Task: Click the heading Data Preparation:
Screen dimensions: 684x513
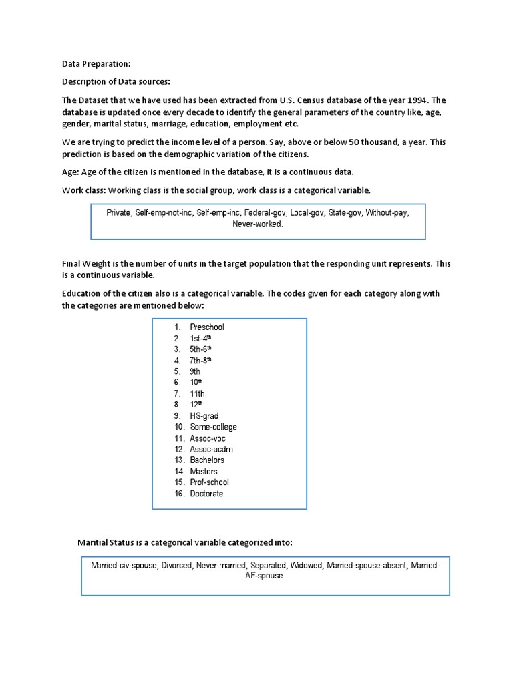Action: click(96, 64)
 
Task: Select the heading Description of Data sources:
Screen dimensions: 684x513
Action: click(116, 82)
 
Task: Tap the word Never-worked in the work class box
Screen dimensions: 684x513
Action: click(258, 224)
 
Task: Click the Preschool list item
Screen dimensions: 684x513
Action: click(206, 327)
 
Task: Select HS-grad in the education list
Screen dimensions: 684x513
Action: click(204, 416)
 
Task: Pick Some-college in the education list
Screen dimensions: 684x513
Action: click(213, 427)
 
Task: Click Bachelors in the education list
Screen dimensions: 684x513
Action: click(207, 460)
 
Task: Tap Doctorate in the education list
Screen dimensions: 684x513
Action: click(206, 494)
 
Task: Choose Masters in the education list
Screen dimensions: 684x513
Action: click(203, 472)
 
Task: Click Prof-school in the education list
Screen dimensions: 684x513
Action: click(209, 482)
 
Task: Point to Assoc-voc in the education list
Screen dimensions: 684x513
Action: click(208, 438)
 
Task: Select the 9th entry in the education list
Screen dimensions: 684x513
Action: click(195, 371)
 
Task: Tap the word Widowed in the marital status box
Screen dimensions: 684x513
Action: click(306, 566)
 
